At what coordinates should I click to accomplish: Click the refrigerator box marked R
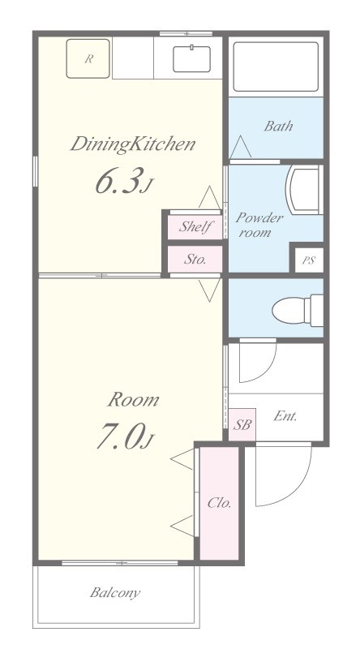[x=88, y=58]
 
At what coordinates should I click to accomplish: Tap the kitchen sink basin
[x=191, y=58]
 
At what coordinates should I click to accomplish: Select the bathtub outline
[x=276, y=67]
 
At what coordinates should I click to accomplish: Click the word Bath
[x=278, y=126]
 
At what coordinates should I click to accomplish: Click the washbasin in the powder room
[x=304, y=191]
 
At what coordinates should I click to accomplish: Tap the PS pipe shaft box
[x=308, y=260]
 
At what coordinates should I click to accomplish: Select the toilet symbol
[x=298, y=310]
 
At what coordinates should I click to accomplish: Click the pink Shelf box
[x=195, y=227]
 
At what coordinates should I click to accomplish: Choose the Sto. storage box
[x=195, y=260]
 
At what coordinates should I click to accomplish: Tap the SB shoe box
[x=242, y=424]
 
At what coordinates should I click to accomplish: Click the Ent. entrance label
[x=285, y=416]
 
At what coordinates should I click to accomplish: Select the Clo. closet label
[x=219, y=503]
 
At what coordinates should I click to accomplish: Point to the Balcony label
[x=115, y=593]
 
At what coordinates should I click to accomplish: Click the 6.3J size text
[x=125, y=181]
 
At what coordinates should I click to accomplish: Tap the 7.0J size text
[x=126, y=436]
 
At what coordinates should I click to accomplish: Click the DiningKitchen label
[x=132, y=144]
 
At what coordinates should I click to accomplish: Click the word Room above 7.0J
[x=133, y=400]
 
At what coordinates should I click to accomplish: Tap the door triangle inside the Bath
[x=241, y=147]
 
